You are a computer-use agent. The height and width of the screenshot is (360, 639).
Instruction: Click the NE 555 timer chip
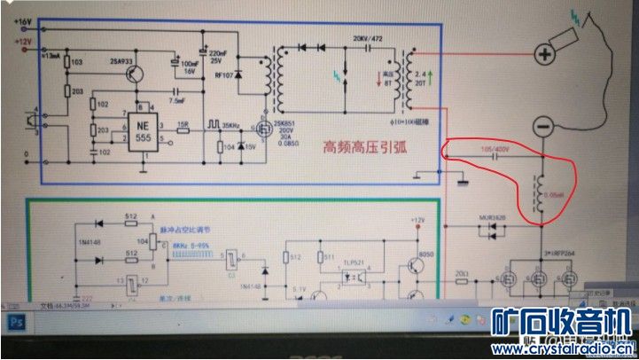(144, 131)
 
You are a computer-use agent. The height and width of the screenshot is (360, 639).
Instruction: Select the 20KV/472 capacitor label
(368, 39)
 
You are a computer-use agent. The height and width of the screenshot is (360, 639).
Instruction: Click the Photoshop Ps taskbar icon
(15, 322)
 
